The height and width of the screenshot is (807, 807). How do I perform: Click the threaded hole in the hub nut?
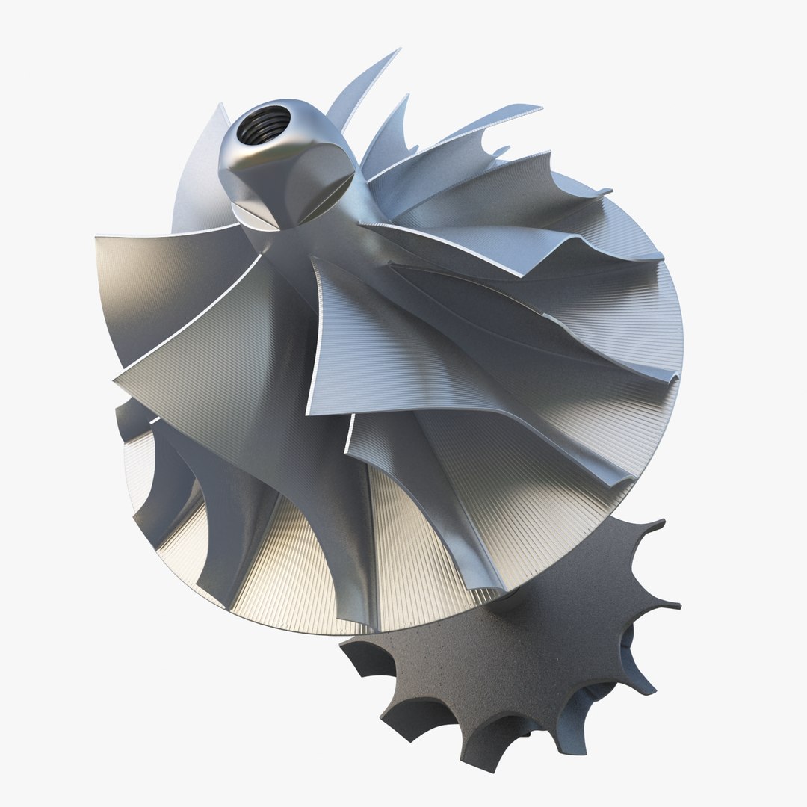(263, 125)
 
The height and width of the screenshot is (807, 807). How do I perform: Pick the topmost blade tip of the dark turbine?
(662, 521)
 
